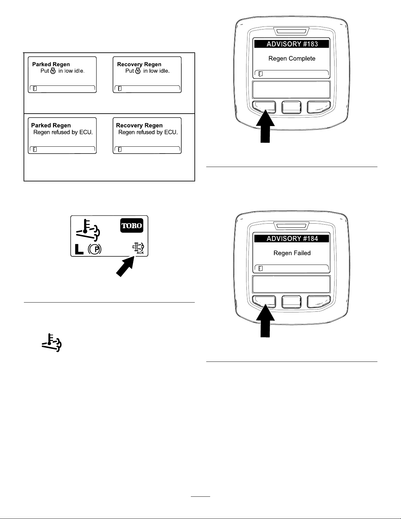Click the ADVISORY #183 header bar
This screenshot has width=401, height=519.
[291, 44]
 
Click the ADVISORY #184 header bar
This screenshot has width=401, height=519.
[291, 239]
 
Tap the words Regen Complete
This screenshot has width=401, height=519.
[292, 59]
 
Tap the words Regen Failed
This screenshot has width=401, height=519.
[292, 253]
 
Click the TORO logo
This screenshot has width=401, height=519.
[132, 226]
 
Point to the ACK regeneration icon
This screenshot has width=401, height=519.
[138, 249]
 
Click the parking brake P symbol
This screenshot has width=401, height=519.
[95, 249]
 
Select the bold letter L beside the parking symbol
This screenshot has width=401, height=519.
[79, 249]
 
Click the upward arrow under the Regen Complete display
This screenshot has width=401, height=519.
[265, 126]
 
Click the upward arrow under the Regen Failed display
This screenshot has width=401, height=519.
[265, 321]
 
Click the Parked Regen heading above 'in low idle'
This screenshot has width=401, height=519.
[51, 65]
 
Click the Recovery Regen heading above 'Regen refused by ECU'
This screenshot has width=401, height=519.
[139, 126]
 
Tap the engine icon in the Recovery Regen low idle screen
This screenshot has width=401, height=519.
[138, 71]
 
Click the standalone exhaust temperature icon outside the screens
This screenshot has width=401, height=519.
[52, 343]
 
